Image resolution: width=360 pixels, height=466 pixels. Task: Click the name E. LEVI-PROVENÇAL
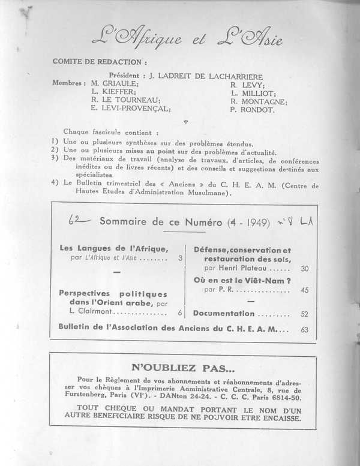coord(131,110)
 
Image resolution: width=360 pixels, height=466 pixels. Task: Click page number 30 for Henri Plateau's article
coord(304,269)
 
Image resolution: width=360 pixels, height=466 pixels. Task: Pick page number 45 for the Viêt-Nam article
coord(304,290)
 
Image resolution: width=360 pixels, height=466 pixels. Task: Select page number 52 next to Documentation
coord(304,314)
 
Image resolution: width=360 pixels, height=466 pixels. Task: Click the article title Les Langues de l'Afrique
coord(114,248)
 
